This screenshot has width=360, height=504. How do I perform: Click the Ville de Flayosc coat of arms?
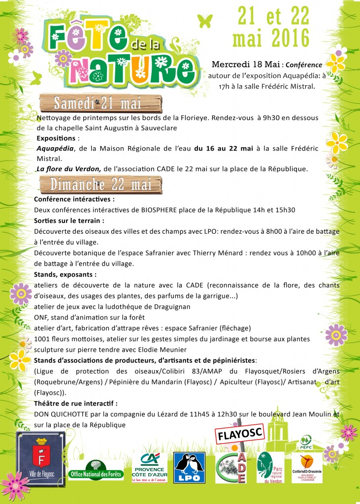41,455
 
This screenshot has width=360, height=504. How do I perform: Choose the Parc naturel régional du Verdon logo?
270,468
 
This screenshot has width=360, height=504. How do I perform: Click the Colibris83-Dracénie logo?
307,469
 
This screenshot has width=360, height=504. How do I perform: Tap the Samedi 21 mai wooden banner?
100,104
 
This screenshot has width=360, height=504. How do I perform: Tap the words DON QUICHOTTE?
62,414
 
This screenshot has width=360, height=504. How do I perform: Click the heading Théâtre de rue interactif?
76,403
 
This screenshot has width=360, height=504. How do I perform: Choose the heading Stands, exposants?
65,274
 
